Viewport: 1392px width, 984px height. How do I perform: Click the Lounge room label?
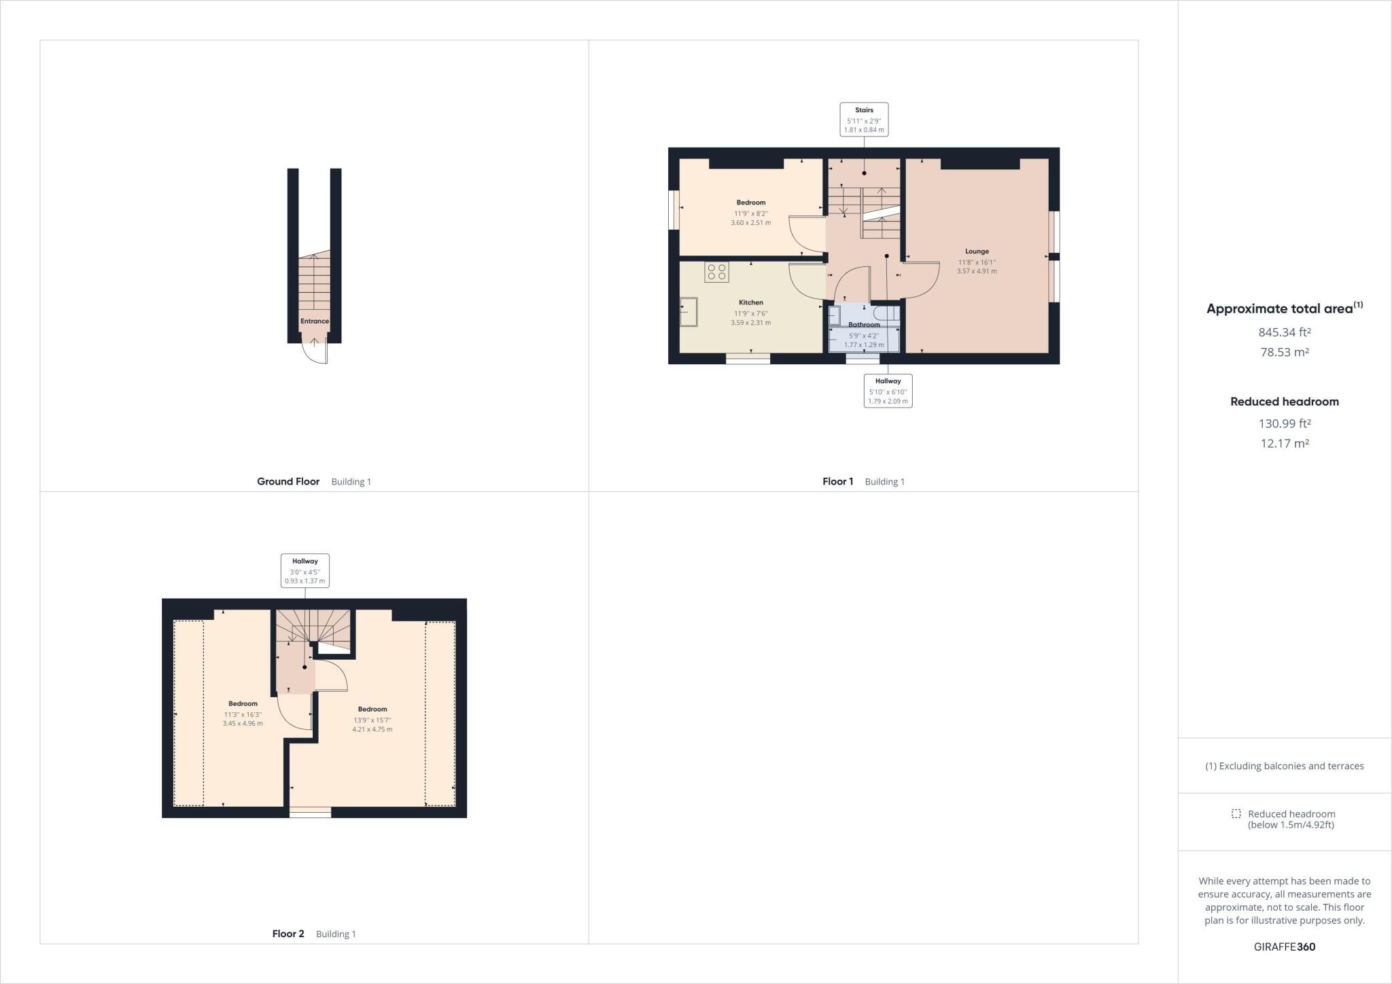pyautogui.click(x=977, y=251)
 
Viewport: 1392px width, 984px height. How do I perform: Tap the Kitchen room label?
pyautogui.click(x=751, y=302)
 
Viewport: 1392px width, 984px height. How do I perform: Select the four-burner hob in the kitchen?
pyautogui.click(x=716, y=273)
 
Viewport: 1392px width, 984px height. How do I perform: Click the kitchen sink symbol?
pyautogui.click(x=689, y=312)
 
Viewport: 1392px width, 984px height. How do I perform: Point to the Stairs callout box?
pyautogui.click(x=864, y=120)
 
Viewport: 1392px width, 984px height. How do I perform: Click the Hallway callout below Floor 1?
pyautogui.click(x=888, y=391)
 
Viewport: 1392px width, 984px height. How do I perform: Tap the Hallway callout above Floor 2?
pyautogui.click(x=305, y=571)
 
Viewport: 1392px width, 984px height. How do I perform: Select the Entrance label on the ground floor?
pyautogui.click(x=315, y=321)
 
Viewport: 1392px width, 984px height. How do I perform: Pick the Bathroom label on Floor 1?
pyautogui.click(x=864, y=325)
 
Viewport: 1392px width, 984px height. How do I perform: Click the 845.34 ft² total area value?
pyautogui.click(x=1285, y=332)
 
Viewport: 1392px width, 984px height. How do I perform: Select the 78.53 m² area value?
pyautogui.click(x=1285, y=352)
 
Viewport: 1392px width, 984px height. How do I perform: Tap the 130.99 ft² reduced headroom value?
pyautogui.click(x=1285, y=423)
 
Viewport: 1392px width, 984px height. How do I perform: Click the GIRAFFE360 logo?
pyautogui.click(x=1285, y=947)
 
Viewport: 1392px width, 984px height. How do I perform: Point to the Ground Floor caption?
pyautogui.click(x=288, y=482)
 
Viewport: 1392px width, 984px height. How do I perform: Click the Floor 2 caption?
pyautogui.click(x=288, y=934)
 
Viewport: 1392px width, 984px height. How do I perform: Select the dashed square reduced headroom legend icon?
pyautogui.click(x=1236, y=813)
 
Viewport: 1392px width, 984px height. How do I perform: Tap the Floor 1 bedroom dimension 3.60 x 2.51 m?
pyautogui.click(x=751, y=223)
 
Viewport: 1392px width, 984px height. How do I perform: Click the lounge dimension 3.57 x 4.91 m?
pyautogui.click(x=977, y=271)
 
